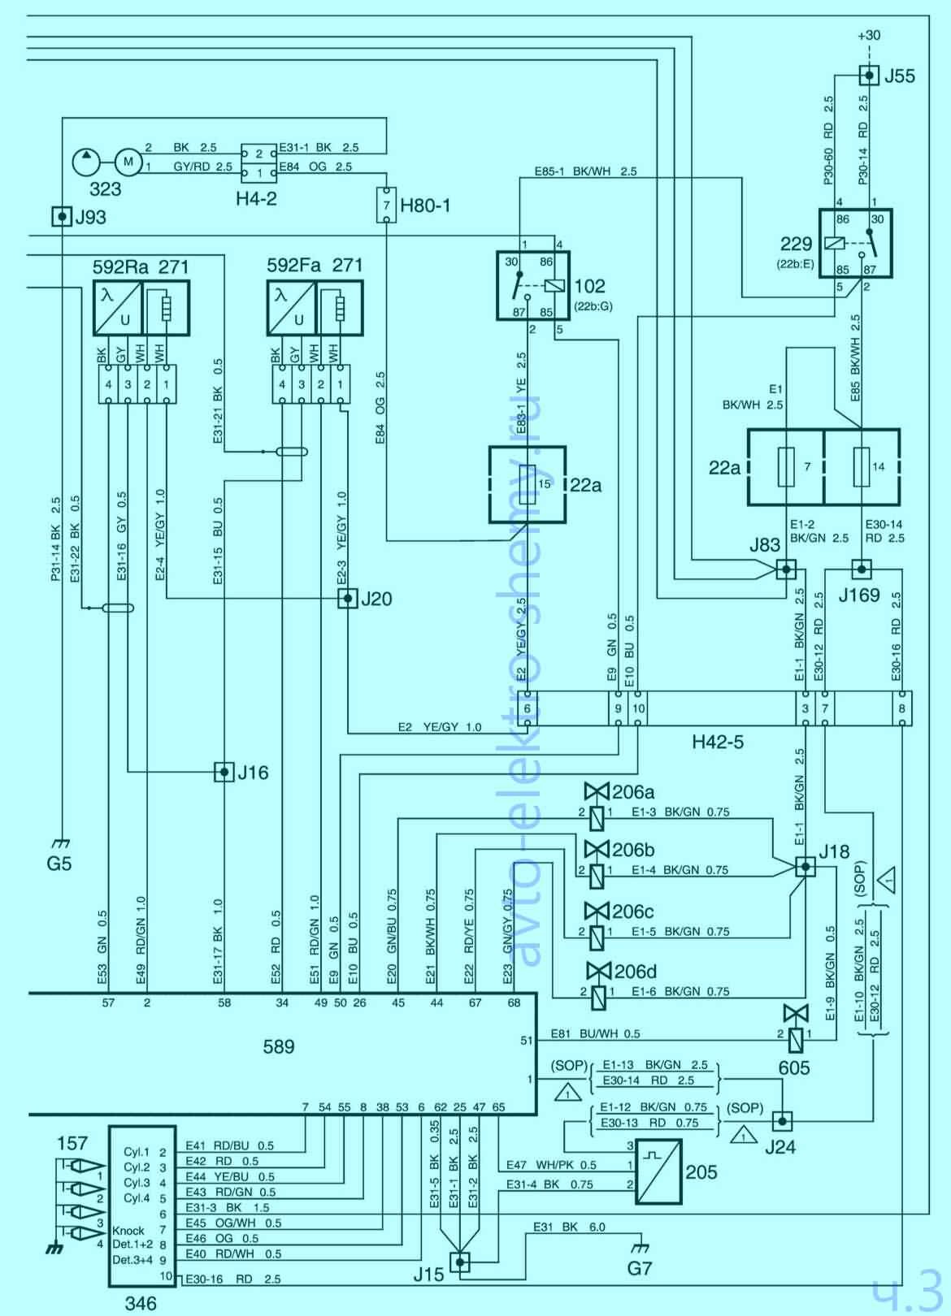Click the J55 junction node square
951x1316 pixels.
point(869,76)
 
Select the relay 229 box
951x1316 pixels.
point(855,243)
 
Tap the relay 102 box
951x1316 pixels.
point(533,284)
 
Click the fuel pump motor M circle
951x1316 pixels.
point(128,162)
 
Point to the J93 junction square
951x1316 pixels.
point(62,216)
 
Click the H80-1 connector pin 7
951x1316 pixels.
point(386,205)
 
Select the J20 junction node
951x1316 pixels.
point(348,599)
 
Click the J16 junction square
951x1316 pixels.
point(224,772)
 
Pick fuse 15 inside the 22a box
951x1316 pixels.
point(528,484)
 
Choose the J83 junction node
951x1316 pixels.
point(785,569)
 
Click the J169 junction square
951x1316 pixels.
point(862,569)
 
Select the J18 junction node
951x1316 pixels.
point(806,867)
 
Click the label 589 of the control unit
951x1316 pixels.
point(279,1047)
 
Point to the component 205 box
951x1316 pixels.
point(658,1171)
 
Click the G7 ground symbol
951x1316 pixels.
point(640,1248)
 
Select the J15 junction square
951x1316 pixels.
point(460,1262)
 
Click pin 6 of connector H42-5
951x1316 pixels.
point(528,708)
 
